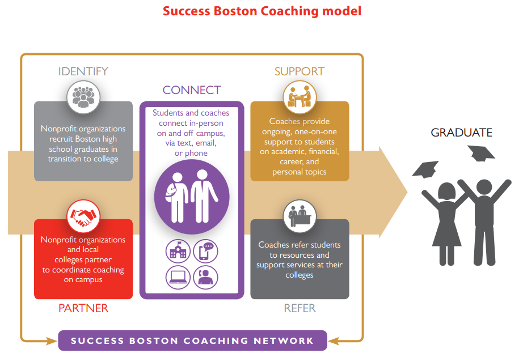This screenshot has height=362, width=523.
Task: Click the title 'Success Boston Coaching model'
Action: [261, 11]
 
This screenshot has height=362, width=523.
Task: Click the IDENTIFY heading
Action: [83, 71]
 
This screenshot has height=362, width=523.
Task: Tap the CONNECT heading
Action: [191, 90]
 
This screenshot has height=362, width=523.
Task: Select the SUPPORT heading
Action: [299, 71]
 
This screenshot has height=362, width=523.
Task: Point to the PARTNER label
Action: [83, 308]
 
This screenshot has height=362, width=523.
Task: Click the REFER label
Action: [300, 308]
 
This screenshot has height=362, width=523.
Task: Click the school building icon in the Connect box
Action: [178, 251]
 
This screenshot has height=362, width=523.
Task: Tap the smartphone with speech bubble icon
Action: [205, 251]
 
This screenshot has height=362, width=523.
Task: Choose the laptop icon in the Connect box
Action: [178, 277]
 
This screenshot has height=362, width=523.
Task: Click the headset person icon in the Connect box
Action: [205, 277]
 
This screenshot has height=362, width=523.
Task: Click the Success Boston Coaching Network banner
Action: [192, 340]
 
